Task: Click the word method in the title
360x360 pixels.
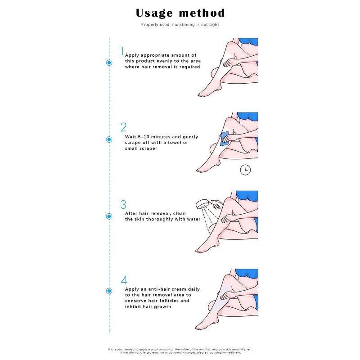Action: [x=202, y=13]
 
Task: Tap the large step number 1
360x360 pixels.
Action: [x=121, y=50]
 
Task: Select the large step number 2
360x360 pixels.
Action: [x=123, y=127]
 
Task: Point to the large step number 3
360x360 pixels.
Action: [x=123, y=204]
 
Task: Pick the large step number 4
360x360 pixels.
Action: [x=124, y=280]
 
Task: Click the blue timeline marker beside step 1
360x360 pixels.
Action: [x=109, y=63]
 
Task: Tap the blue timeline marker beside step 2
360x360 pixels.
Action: [x=109, y=139]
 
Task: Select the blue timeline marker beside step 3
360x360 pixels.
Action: [x=109, y=216]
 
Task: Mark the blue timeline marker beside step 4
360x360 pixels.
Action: [x=109, y=291]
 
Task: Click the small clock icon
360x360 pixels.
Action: [x=245, y=170]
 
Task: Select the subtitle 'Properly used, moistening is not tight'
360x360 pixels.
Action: [x=180, y=24]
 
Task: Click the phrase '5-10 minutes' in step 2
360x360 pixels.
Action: [x=152, y=137]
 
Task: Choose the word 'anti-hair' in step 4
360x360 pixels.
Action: [x=154, y=289]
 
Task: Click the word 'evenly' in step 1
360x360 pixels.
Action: [x=163, y=61]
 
